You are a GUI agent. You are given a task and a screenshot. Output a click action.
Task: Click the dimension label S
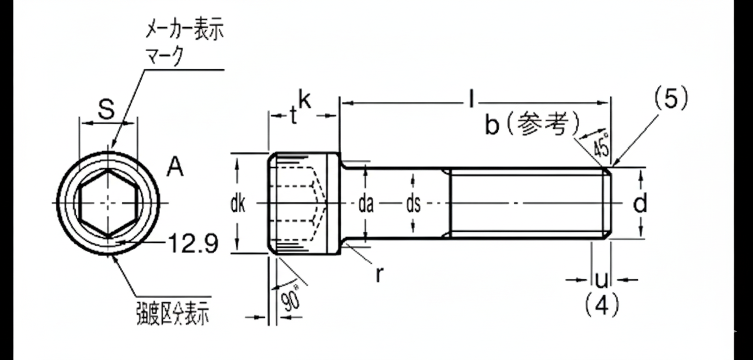tap(106, 109)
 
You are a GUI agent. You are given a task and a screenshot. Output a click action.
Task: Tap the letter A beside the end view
tap(175, 167)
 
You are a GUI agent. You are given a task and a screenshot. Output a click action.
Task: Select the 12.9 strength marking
tap(193, 244)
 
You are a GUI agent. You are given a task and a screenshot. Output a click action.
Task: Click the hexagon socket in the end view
tap(108, 203)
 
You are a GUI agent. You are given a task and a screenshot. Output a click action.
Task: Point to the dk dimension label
tap(237, 205)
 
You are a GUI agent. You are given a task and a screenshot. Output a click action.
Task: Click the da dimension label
tap(365, 205)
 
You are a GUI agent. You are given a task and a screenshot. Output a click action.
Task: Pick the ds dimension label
tap(413, 205)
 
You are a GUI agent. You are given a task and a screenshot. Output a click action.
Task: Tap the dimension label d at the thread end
tap(640, 204)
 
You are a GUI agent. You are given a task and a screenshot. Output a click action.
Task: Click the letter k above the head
tap(305, 100)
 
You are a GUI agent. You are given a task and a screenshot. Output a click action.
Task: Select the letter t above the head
tap(293, 116)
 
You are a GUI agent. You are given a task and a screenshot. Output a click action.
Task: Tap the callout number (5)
tap(670, 99)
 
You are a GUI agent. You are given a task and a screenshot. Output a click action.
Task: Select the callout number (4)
tap(602, 305)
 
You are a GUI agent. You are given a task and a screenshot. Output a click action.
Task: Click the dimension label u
tap(602, 280)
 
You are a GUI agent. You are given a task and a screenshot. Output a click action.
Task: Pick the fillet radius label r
tap(379, 275)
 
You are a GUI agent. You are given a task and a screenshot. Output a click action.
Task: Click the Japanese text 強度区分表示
tap(172, 313)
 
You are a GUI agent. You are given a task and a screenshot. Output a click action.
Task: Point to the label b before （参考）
tap(492, 125)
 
